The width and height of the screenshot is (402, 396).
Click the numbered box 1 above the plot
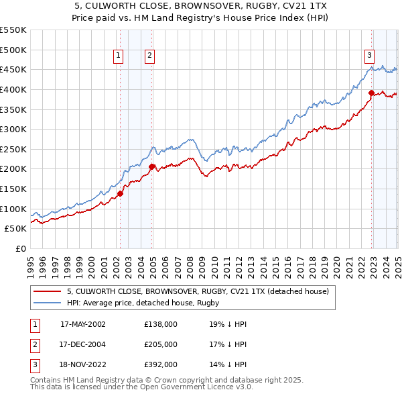click(x=118, y=56)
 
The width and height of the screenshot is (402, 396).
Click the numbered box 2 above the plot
click(x=149, y=56)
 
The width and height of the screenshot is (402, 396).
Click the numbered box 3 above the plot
click(x=369, y=56)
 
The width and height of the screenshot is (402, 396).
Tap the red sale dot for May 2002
click(x=121, y=194)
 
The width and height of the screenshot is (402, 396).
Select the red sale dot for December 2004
click(x=152, y=166)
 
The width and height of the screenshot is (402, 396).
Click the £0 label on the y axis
click(x=21, y=249)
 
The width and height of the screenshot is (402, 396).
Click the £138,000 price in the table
click(x=161, y=324)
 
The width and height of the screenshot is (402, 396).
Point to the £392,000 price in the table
click(x=161, y=365)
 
